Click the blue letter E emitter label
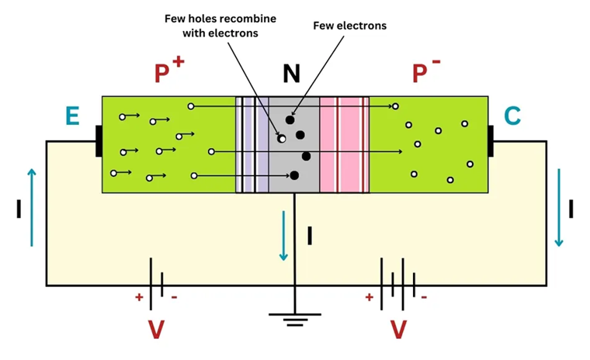coord(72,116)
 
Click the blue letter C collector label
coord(512,116)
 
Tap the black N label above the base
coord(291,74)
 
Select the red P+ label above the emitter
coord(168,71)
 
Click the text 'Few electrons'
coord(349,26)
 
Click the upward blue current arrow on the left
coord(31,206)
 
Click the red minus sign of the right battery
coord(423,297)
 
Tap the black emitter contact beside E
coord(99,141)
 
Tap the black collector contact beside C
coord(491,141)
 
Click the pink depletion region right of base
coord(345,144)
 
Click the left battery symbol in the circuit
coord(155,285)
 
